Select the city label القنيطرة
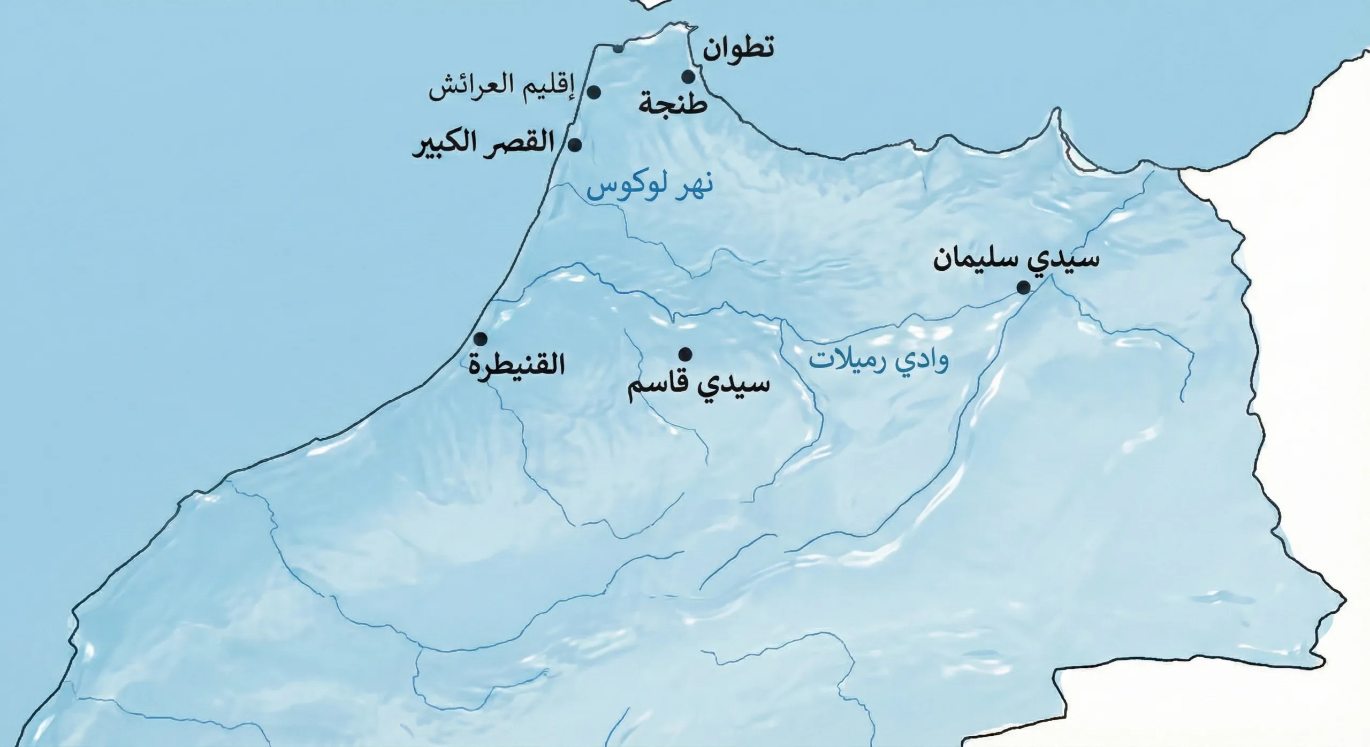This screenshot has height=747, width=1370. tap(517, 368)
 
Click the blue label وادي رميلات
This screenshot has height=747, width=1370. tap(878, 361)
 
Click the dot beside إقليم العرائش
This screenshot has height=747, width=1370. tap(593, 93)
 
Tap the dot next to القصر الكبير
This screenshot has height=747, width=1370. tap(575, 144)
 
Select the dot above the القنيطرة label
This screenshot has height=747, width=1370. tap(481, 339)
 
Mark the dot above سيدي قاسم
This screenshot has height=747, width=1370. tap(685, 354)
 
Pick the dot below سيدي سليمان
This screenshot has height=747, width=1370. tap(1023, 288)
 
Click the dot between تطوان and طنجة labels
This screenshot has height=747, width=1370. tap(688, 77)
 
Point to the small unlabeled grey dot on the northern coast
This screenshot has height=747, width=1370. tap(618, 48)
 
